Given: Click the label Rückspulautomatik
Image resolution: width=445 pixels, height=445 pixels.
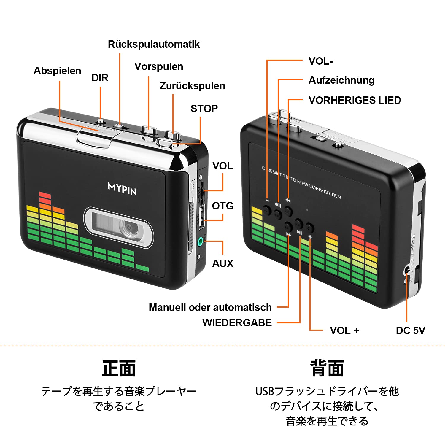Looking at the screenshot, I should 154,44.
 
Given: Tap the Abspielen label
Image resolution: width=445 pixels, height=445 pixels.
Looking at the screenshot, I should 57,71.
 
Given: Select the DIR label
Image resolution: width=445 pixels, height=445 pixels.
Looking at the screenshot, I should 100,78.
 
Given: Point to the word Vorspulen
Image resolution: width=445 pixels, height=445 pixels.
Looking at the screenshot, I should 159,66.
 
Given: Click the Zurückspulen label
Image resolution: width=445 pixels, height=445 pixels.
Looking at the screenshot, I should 192,86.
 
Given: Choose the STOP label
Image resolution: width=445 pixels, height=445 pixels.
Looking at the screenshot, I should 204,109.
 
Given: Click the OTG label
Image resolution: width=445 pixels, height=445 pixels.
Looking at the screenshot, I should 223,206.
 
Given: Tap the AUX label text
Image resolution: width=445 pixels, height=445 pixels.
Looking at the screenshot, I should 223,263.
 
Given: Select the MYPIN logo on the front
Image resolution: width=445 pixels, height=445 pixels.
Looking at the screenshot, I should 122,189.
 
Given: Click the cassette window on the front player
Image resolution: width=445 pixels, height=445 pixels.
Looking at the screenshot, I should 119,227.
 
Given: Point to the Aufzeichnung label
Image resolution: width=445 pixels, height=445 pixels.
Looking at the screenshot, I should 341,80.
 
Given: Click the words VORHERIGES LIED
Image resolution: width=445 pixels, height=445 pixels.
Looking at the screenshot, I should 355,100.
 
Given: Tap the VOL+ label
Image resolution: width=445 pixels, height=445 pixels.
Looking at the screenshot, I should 344,330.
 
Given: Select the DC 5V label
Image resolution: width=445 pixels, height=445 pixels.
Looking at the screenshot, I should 410,330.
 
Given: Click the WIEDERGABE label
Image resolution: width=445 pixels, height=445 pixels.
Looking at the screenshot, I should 237,323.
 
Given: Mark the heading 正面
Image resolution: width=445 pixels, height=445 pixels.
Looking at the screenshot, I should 119,368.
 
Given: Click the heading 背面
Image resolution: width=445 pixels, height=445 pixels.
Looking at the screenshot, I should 327,368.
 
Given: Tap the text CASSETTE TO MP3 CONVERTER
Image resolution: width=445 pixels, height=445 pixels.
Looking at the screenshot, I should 301,182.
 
